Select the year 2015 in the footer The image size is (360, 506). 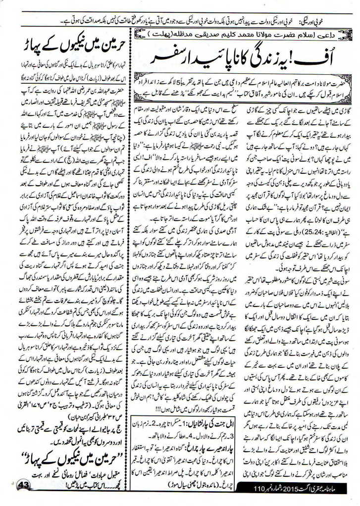coord(292,497)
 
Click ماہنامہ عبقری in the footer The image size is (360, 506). coord(337,497)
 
